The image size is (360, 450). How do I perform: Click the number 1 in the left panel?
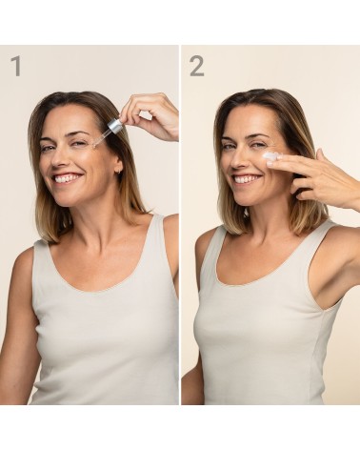click(x=15, y=66)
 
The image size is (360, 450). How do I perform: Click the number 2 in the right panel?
click(x=196, y=66)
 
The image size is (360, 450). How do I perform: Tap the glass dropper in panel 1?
click(x=107, y=132)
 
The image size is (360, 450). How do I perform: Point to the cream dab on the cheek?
click(x=270, y=155)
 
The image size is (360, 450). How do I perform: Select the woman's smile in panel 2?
click(x=246, y=178)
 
